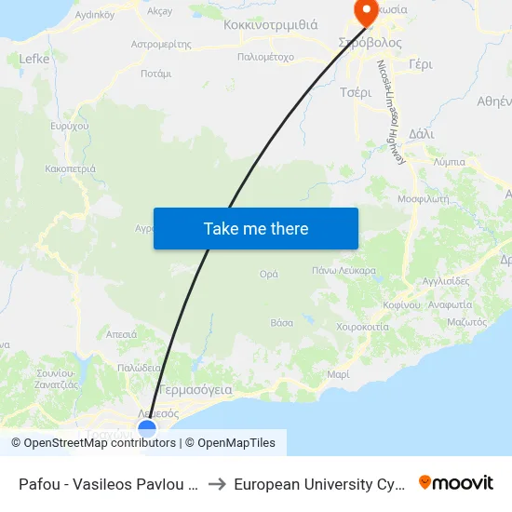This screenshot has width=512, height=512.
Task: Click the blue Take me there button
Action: pos(256,228)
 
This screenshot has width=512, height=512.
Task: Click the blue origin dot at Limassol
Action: pos(147,428)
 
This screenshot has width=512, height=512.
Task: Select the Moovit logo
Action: pos(456,482)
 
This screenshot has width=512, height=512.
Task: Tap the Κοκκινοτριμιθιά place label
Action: pos(270,25)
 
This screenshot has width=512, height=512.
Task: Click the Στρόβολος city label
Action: pos(371,43)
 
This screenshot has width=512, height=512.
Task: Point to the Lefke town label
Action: pos(34,58)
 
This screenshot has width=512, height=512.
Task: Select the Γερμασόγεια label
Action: pos(195,389)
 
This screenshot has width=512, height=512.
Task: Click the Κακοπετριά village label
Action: pos(69,169)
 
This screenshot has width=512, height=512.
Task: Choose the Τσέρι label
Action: pos(356,92)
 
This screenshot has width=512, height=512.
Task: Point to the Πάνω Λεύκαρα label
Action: pos(344,270)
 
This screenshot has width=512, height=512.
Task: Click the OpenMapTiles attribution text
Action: pos(236,443)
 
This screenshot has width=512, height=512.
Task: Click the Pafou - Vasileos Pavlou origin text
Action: pos(106,483)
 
